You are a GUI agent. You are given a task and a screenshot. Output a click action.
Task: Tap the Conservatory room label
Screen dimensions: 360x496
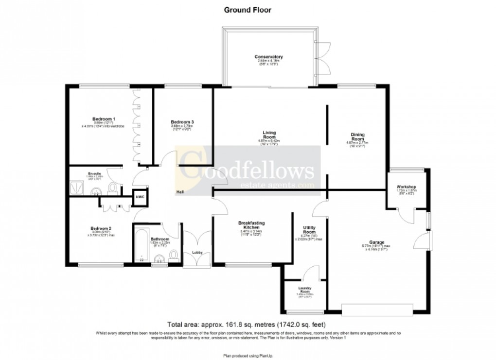268,57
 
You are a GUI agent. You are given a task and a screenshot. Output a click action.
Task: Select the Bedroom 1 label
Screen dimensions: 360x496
104,119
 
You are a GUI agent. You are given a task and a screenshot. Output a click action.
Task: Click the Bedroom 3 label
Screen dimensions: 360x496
182,122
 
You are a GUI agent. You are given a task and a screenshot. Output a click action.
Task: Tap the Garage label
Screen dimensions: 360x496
376,242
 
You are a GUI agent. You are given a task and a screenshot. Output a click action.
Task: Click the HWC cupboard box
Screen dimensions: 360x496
141,197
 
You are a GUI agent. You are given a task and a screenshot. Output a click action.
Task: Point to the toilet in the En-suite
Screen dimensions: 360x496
113,187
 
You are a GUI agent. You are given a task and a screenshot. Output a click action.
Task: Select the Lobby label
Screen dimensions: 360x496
197,252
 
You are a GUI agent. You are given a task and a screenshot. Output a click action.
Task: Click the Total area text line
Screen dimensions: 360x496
246,324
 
